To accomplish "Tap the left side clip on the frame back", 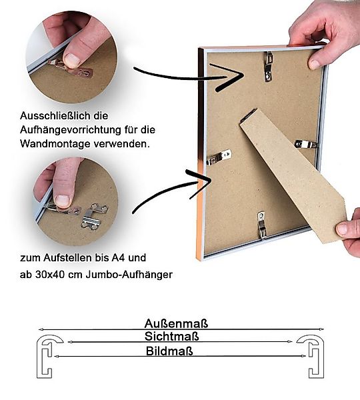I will click(x=219, y=157).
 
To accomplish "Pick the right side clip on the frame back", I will click(x=306, y=143).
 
